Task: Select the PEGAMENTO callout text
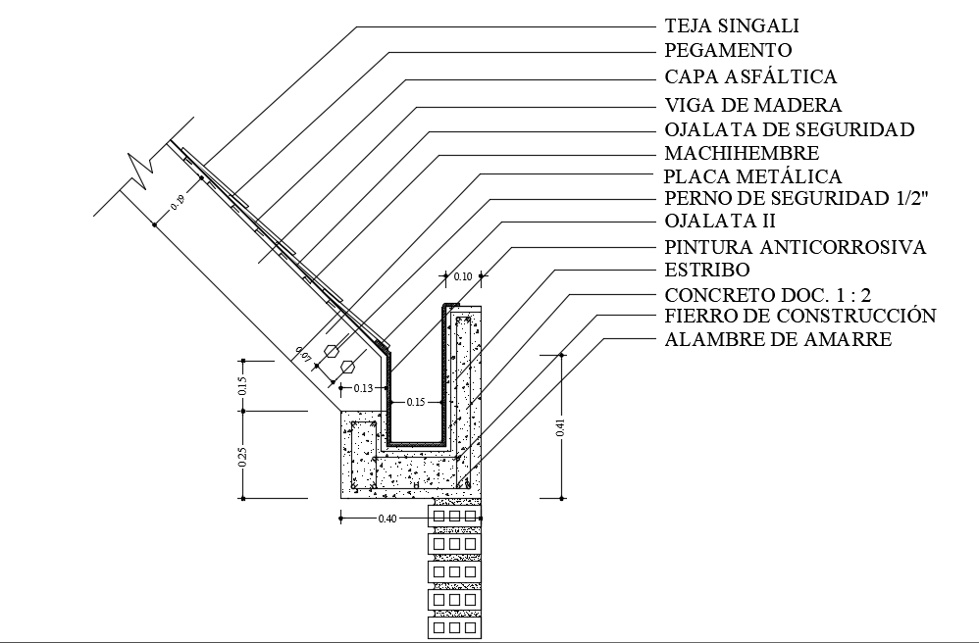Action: click(727, 50)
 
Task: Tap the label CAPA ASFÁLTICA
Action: click(750, 76)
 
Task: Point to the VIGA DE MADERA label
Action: click(752, 104)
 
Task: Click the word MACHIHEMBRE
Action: click(741, 153)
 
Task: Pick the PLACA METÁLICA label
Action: click(752, 177)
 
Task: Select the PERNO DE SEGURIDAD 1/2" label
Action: click(796, 199)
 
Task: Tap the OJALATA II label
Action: click(720, 221)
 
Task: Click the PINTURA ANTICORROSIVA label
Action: click(795, 247)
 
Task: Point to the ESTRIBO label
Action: click(706, 270)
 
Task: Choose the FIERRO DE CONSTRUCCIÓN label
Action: click(799, 316)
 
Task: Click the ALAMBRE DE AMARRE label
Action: click(778, 340)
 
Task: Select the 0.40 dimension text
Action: click(387, 518)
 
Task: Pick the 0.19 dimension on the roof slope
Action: click(177, 204)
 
